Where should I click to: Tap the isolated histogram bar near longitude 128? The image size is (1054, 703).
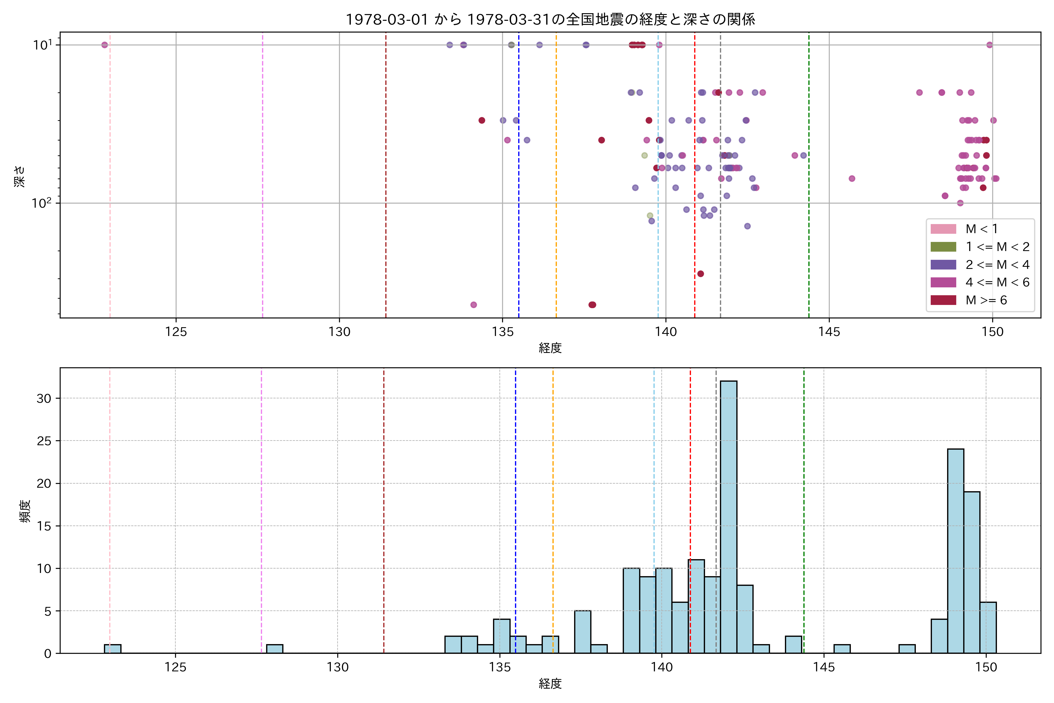(x=275, y=649)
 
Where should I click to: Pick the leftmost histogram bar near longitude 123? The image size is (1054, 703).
(x=112, y=649)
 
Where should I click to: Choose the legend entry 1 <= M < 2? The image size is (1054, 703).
(x=997, y=247)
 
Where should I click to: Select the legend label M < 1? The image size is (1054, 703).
(x=981, y=229)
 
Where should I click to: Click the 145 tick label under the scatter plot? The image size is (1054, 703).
(x=829, y=332)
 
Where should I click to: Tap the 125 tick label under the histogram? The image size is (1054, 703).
(x=175, y=667)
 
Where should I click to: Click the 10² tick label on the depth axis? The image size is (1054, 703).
(x=41, y=203)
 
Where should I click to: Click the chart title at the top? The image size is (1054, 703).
(x=550, y=19)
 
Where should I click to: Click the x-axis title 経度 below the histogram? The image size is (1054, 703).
(x=550, y=684)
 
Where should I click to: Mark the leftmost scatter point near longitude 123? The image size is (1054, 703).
(x=105, y=45)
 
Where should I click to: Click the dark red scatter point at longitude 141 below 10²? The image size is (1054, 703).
(x=700, y=274)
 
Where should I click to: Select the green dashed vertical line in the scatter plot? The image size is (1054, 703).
(x=809, y=179)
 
